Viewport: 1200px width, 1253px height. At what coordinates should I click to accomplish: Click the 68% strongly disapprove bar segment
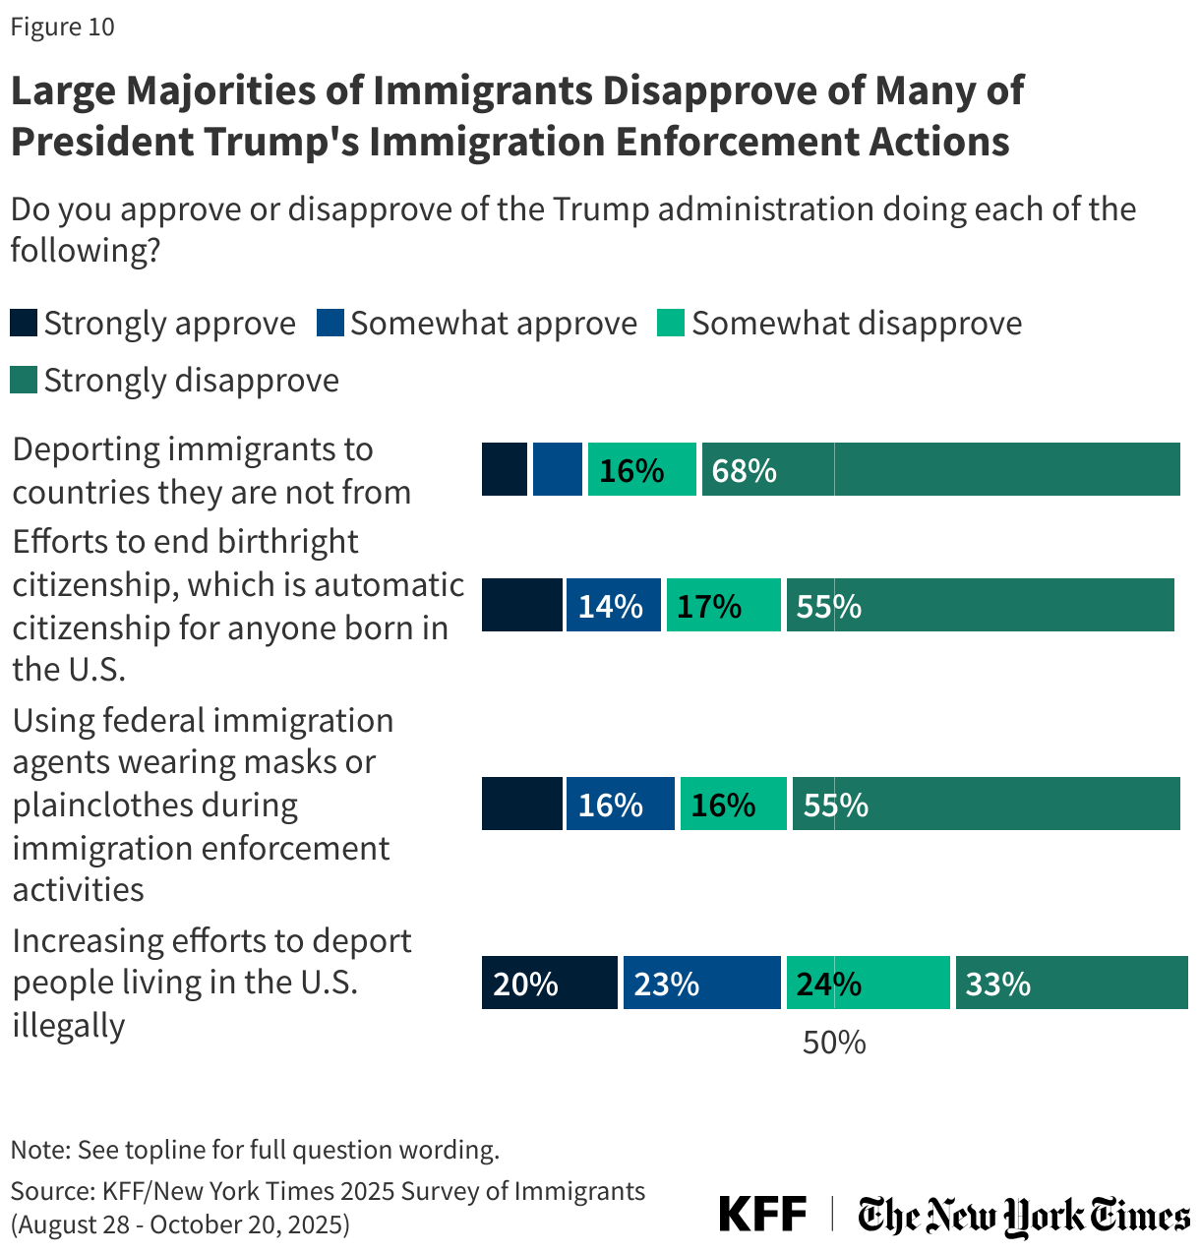click(x=940, y=469)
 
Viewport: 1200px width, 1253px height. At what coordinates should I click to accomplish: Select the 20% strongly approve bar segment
click(x=549, y=983)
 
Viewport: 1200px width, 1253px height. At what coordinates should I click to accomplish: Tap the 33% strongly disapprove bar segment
click(x=1071, y=983)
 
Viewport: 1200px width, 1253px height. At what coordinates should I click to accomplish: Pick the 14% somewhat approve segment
click(x=613, y=605)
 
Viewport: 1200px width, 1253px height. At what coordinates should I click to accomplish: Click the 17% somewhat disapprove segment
click(x=723, y=605)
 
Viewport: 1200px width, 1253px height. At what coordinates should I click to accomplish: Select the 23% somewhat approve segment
click(x=701, y=983)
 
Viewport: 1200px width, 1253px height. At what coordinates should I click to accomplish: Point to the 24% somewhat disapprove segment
click(x=868, y=983)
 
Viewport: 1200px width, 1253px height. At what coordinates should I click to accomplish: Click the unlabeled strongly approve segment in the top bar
click(x=504, y=469)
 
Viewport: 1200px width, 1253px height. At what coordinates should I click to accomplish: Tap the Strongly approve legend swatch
click(x=24, y=323)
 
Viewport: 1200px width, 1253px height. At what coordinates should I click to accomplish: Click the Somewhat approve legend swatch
click(x=330, y=323)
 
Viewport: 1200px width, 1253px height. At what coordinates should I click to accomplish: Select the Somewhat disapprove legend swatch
click(x=671, y=323)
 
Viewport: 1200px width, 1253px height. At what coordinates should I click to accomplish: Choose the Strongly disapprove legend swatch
click(x=24, y=380)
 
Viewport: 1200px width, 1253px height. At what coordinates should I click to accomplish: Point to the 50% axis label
click(x=834, y=1043)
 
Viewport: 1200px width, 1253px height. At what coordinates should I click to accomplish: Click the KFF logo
click(x=762, y=1214)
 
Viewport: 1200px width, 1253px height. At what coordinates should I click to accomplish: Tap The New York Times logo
click(x=1023, y=1216)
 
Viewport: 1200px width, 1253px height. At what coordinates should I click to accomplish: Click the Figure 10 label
click(x=62, y=27)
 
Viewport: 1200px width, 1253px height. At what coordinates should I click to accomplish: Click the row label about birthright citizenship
click(x=236, y=605)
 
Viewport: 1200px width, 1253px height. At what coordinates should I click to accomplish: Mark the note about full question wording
click(x=255, y=1149)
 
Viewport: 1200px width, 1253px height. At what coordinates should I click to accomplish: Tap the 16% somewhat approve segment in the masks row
click(x=620, y=804)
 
